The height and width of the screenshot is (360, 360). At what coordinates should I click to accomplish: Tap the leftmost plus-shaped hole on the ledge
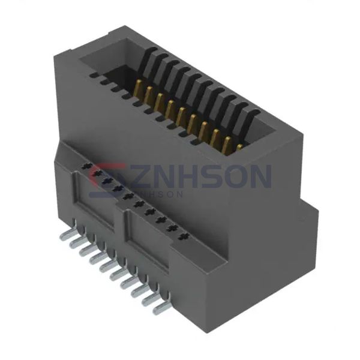point(86,166)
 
